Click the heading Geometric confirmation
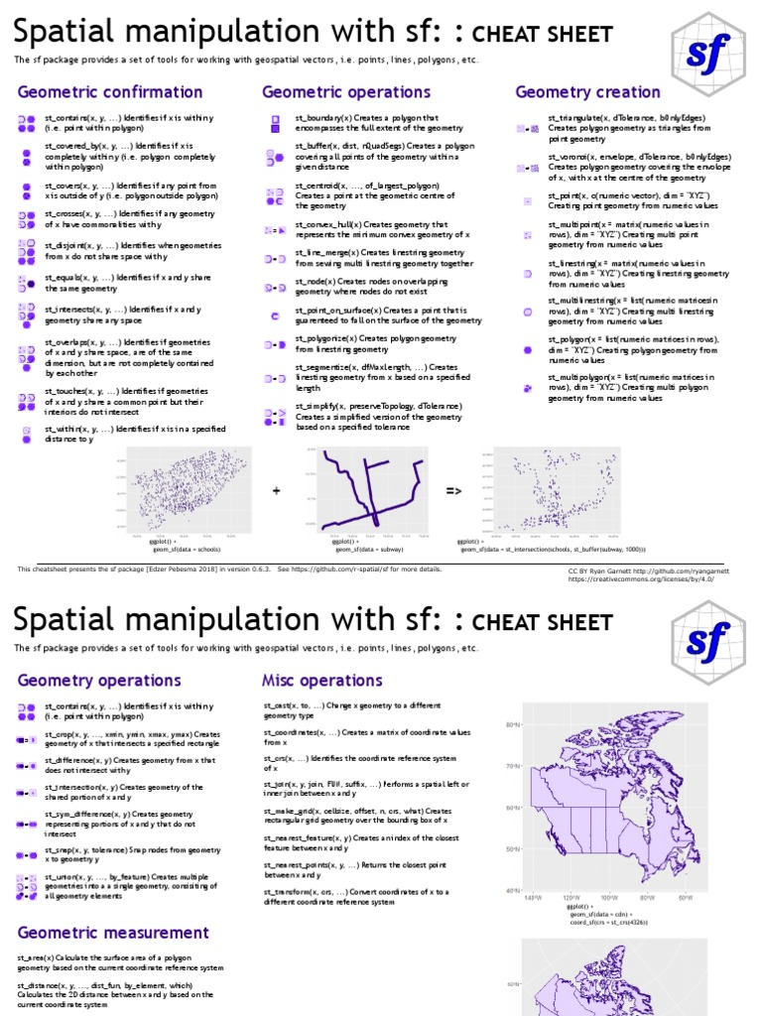coord(110,92)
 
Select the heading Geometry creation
coord(587,92)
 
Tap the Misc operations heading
coord(321,681)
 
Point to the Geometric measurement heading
coord(113,933)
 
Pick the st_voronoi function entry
coord(640,167)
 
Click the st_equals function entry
coord(129,282)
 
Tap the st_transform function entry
coord(356,897)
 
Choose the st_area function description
coord(120,962)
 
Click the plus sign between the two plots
coord(277,491)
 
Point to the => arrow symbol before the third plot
coord(452,491)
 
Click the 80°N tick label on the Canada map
coord(512,725)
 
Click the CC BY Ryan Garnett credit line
coord(654,572)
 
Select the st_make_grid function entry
coord(357,816)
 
